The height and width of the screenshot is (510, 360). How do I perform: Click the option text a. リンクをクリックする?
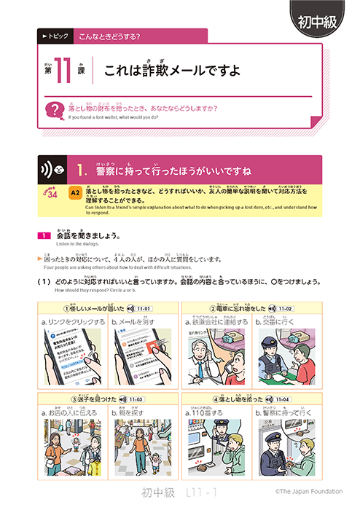pos(74,321)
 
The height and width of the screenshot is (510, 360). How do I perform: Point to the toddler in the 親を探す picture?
pos(153,461)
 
